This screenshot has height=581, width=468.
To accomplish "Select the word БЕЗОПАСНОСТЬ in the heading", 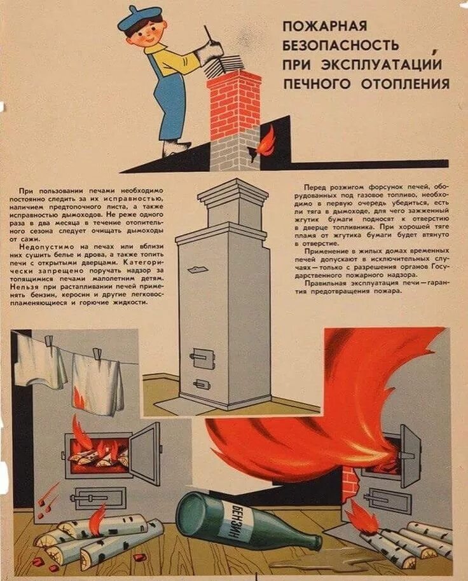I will click(341, 45).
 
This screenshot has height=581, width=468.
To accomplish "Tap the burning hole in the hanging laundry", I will click(79, 397).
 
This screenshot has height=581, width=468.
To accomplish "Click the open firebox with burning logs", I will click(99, 453).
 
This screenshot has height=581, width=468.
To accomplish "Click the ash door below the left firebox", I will click(99, 497).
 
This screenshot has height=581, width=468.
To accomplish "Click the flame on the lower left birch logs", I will click(96, 517).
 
